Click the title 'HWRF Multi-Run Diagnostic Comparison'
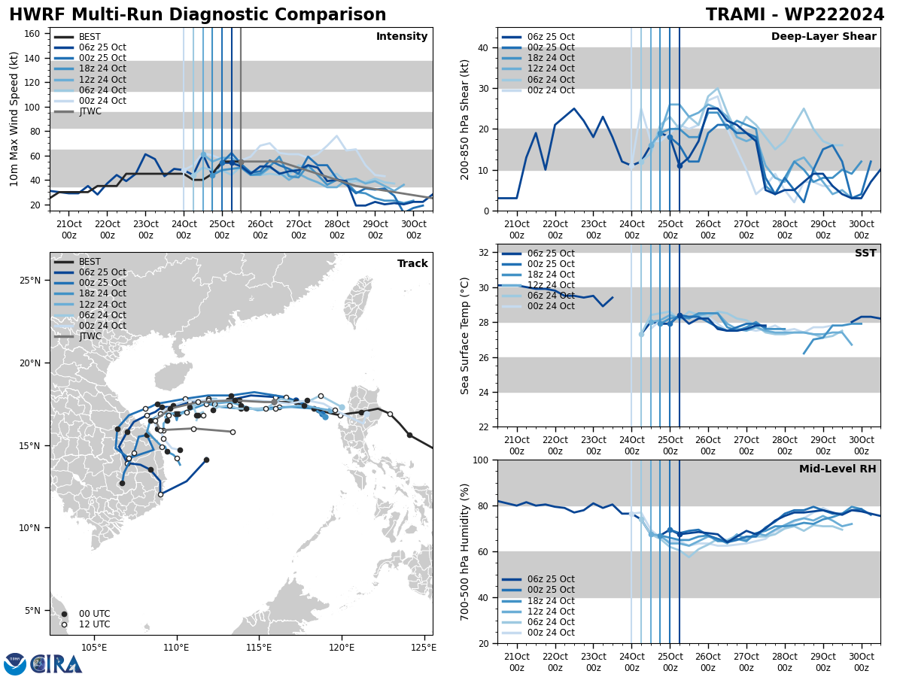click(197, 15)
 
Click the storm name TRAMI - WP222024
click(795, 15)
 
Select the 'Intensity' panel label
click(402, 37)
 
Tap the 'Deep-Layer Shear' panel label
click(823, 37)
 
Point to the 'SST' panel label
click(865, 253)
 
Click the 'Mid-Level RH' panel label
click(838, 469)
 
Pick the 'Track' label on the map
click(412, 264)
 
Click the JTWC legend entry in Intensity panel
click(90, 111)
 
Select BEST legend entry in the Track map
click(90, 262)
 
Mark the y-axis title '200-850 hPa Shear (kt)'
click(465, 119)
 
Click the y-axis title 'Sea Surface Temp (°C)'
click(465, 335)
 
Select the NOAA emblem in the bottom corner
click(15, 664)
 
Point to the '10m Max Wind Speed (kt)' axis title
click(14, 119)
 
